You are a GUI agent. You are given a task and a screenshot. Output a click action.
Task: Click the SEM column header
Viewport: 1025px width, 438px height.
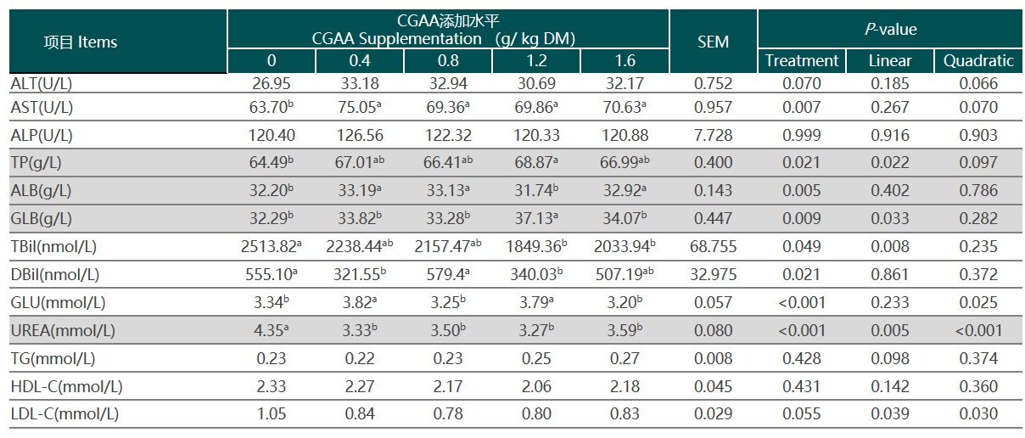[713, 42]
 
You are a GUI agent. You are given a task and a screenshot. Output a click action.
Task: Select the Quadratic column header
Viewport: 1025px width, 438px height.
[978, 60]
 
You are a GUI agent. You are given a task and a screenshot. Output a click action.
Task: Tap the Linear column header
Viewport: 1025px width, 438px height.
[890, 60]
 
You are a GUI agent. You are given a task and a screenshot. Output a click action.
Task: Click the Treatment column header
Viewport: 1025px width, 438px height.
[801, 60]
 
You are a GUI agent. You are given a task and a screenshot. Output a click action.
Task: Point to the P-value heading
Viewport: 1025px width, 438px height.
[890, 29]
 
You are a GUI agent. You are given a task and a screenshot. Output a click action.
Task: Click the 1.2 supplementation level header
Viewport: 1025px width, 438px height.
[536, 61]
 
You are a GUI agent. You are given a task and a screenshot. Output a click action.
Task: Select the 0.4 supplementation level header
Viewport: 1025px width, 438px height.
[360, 61]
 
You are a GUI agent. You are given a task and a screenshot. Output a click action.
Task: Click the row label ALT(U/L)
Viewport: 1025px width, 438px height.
[42, 84]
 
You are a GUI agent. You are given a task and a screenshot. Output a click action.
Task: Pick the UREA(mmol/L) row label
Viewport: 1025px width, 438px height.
[64, 330]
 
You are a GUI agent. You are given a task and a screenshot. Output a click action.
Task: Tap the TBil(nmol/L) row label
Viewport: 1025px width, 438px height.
[54, 247]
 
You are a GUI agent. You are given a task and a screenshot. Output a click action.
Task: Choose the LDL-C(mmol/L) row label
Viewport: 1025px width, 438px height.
[64, 414]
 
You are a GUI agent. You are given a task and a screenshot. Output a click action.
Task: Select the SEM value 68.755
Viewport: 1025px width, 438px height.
[713, 247]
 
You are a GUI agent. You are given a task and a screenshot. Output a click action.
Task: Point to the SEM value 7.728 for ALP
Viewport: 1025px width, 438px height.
[713, 135]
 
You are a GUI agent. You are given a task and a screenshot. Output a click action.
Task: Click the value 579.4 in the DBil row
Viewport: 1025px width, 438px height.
[446, 275]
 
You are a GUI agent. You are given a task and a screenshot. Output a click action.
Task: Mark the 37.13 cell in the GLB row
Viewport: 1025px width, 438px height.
[536, 219]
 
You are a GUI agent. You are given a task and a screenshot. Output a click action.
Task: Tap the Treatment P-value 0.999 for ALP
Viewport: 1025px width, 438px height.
[801, 135]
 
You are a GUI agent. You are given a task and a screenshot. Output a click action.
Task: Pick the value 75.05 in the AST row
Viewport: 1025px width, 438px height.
[360, 107]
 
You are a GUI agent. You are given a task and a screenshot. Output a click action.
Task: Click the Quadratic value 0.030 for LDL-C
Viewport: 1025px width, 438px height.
[978, 414]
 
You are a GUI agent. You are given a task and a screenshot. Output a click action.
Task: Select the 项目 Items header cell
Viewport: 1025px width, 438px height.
[81, 42]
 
